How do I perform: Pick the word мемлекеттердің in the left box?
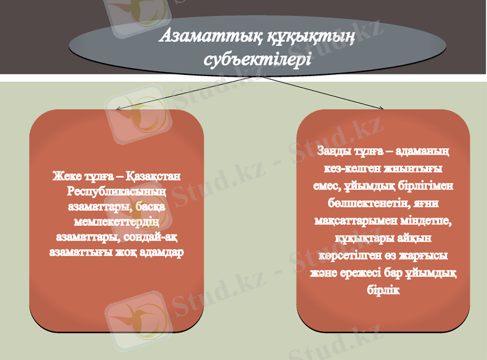pos(116,221)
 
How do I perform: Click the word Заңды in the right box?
pos(334,149)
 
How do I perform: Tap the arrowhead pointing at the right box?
pos(382,108)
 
